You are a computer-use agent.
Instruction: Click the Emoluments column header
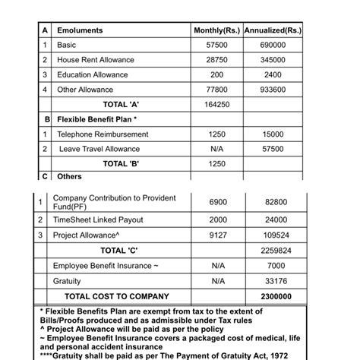click(80, 30)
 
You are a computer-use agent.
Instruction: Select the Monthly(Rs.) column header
click(217, 30)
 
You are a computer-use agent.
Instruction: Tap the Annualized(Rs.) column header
click(273, 30)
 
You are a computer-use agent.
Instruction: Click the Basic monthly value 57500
click(217, 45)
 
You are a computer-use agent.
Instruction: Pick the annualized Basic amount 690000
click(273, 45)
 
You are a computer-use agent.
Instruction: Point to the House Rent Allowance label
click(96, 60)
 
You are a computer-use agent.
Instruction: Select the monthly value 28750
click(217, 60)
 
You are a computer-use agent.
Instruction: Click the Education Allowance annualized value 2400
click(273, 74)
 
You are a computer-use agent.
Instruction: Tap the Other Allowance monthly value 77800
click(217, 90)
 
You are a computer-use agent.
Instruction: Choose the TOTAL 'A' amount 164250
click(217, 104)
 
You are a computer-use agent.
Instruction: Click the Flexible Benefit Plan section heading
click(97, 119)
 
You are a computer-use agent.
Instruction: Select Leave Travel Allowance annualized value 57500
click(273, 149)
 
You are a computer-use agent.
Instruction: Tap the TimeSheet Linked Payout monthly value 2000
click(217, 219)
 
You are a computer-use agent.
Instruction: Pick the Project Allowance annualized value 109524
click(273, 235)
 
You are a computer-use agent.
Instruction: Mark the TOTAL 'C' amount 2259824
click(273, 250)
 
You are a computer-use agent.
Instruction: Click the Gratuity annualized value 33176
click(273, 280)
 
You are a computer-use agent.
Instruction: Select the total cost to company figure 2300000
click(273, 296)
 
